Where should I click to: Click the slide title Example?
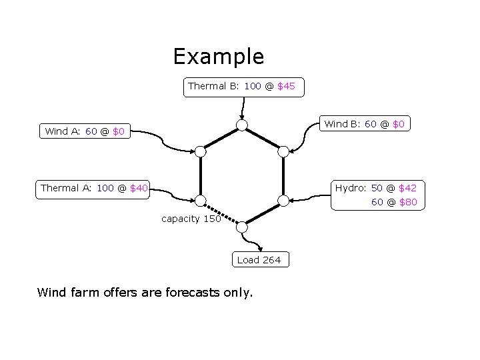219,57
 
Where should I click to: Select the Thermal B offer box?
243,87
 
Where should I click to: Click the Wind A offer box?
85,131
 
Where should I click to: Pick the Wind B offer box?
364,124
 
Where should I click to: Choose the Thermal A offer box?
94,188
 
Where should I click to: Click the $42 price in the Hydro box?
407,188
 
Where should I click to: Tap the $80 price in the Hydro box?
407,202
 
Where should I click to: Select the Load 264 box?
259,260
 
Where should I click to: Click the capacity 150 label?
191,219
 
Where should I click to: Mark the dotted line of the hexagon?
221,214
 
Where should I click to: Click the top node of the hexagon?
242,125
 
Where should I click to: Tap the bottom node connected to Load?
242,227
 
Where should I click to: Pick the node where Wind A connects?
200,151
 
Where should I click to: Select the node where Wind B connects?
283,151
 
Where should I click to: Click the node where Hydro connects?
283,200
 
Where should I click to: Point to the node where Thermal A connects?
200,200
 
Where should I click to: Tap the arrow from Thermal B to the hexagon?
243,108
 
